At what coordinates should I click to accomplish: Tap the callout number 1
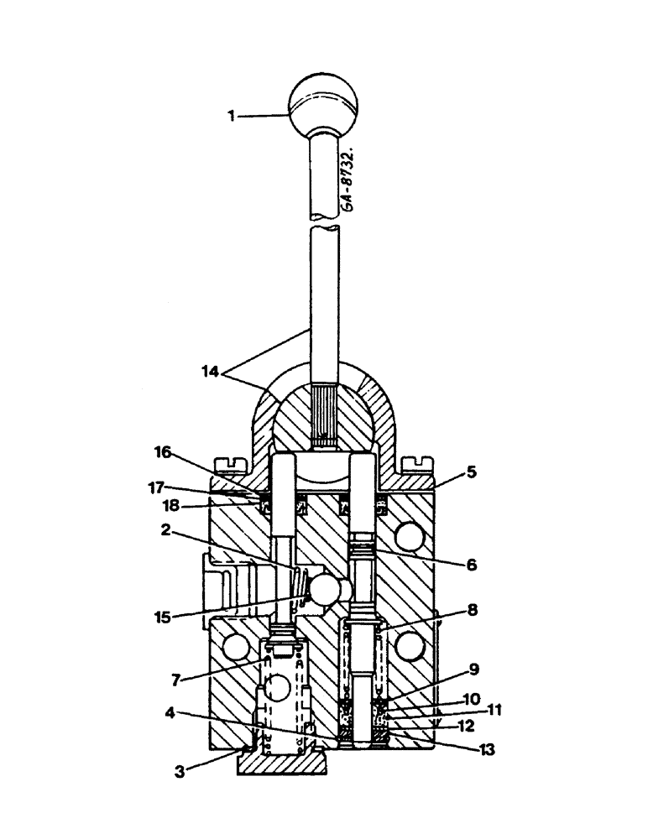point(232,117)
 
